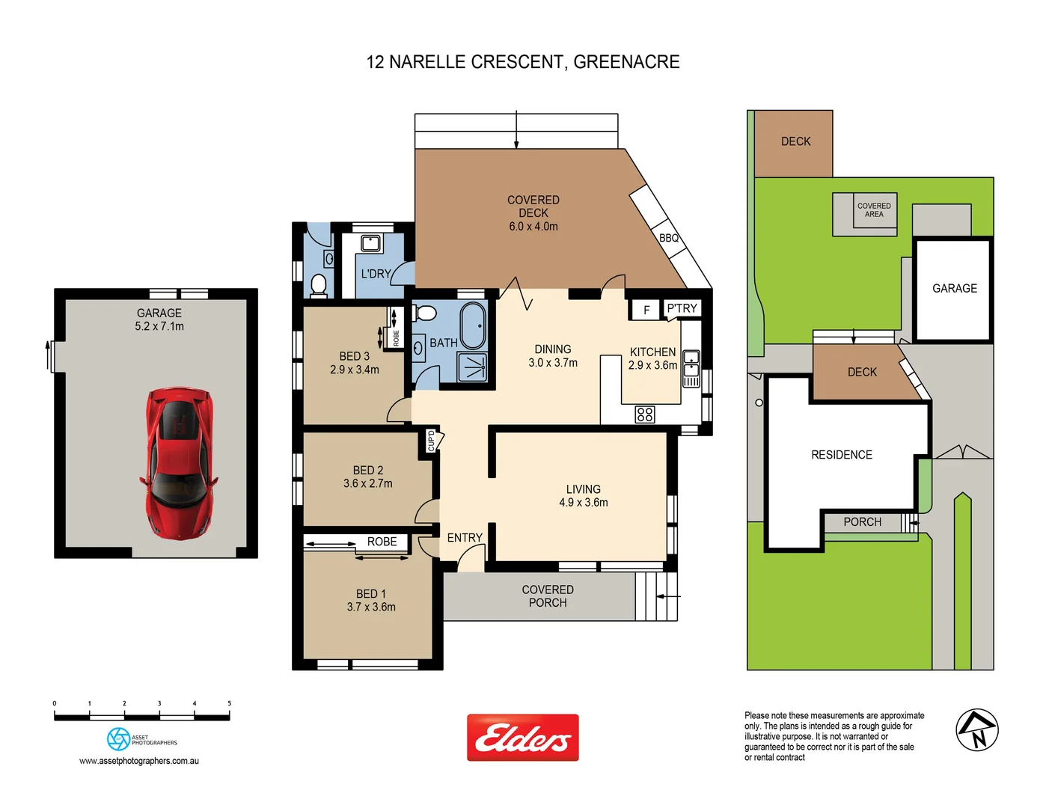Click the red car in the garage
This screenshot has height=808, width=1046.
coord(178,463)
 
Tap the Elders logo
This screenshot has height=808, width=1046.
coord(522,738)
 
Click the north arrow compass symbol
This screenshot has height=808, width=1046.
coord(977,729)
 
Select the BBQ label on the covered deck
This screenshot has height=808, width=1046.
coord(668,238)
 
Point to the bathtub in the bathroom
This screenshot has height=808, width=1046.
coord(472,325)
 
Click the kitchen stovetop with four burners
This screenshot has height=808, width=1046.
coord(644,414)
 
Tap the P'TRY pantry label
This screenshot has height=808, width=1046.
coord(682,308)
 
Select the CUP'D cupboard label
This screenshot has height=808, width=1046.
coord(431,441)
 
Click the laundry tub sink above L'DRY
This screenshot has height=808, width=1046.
coord(370,243)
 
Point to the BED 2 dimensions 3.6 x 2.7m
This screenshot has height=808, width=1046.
coord(367,484)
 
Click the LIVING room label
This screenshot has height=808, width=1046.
coord(583,489)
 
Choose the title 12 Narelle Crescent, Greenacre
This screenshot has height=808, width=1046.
coord(522,62)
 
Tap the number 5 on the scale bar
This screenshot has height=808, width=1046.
coord(229,703)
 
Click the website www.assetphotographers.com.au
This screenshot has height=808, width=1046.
coord(139,761)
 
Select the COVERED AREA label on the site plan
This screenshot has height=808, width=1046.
coord(873,210)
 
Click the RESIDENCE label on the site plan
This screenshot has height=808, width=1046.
coord(841,455)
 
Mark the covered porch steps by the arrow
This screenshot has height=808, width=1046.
coord(650,596)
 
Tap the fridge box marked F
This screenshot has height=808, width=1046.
coord(646,310)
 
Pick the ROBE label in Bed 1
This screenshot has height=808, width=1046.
coord(382,542)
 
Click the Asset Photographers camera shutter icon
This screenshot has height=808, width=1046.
coord(118,739)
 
